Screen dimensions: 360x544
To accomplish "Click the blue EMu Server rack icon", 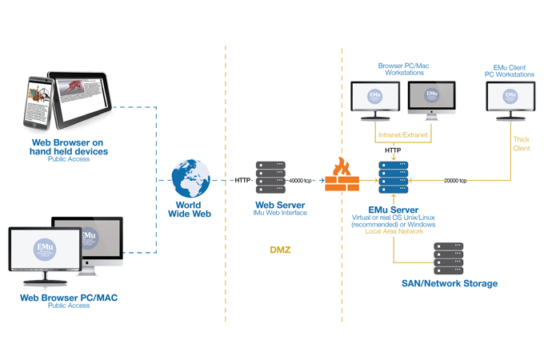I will tap(394, 178).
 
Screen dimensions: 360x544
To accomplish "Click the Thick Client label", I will tap(521, 144).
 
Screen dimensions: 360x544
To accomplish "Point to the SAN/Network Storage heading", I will tap(450, 283).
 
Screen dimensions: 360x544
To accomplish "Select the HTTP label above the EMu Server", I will tap(393, 150).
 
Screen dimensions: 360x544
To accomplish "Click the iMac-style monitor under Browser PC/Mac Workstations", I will tap(430, 99).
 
